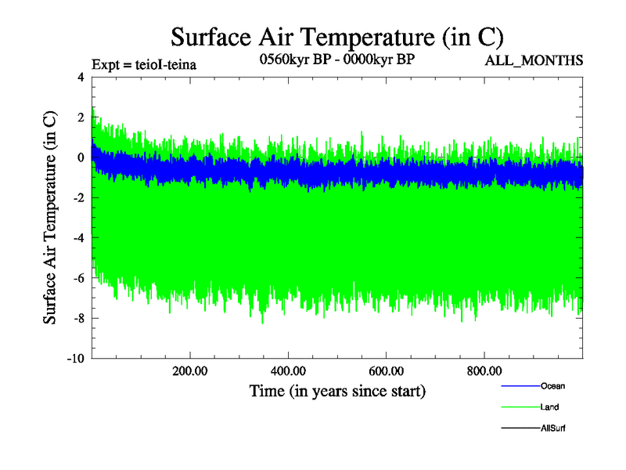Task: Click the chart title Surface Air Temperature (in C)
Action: (x=336, y=37)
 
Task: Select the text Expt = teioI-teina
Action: (x=143, y=64)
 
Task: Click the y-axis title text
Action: (x=49, y=218)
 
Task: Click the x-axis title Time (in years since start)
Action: (x=337, y=390)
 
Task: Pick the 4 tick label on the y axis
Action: (x=80, y=77)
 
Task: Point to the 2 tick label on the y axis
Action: (x=80, y=117)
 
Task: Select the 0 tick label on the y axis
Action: (x=80, y=157)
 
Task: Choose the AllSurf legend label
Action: (x=553, y=428)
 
